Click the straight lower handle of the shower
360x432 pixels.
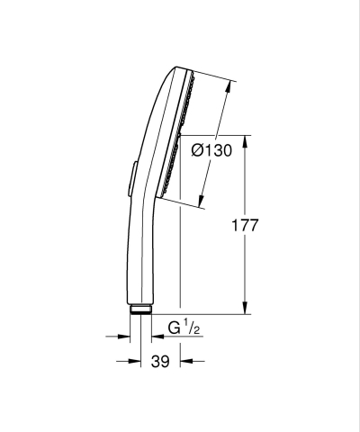coord(142,261)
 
